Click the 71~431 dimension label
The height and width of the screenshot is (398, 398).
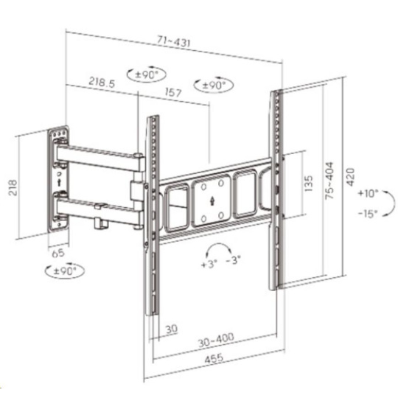coord(173,41)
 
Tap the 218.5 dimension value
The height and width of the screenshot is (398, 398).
coord(102,82)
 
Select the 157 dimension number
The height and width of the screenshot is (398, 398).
coord(173,92)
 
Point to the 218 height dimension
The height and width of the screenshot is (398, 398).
coord(13,188)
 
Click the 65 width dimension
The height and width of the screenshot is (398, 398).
coord(58,254)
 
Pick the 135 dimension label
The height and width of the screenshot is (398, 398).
coord(308,184)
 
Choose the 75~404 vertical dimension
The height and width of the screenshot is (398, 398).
coord(329,181)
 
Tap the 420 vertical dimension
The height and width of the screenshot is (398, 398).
coord(350,177)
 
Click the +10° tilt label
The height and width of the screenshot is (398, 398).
coord(368,193)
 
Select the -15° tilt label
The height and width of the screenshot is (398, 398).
coord(368,214)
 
